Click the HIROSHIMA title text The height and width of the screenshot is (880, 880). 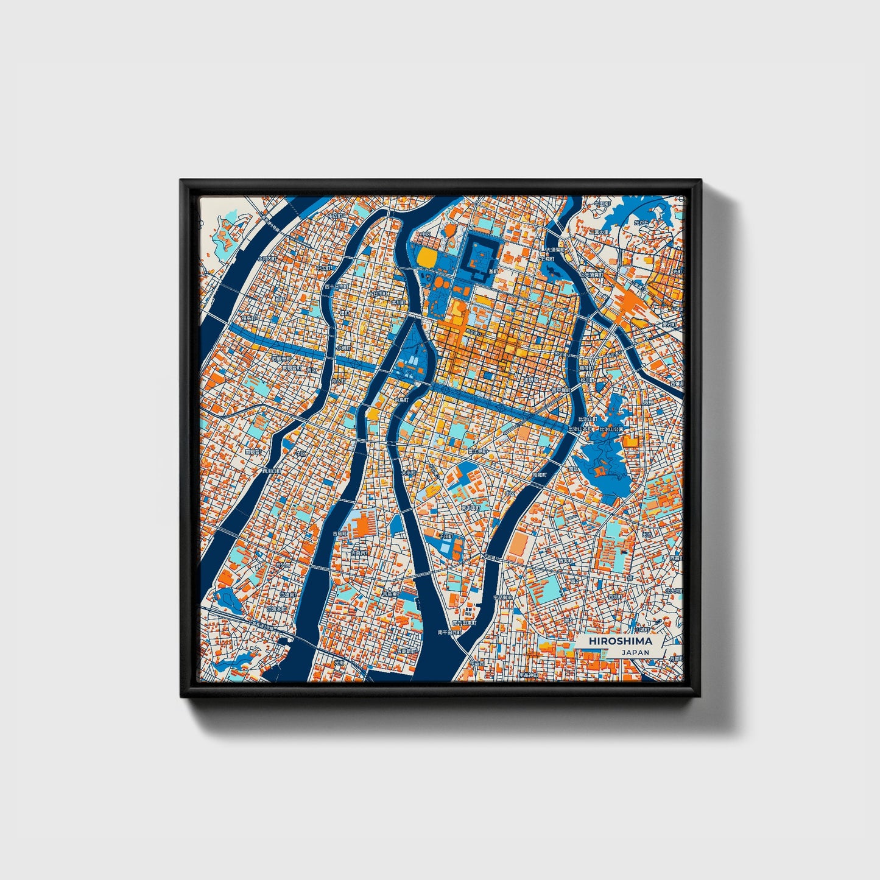620,641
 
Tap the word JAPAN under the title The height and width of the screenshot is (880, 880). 635,652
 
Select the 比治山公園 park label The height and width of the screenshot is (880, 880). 613,429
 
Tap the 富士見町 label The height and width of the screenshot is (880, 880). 479,451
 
